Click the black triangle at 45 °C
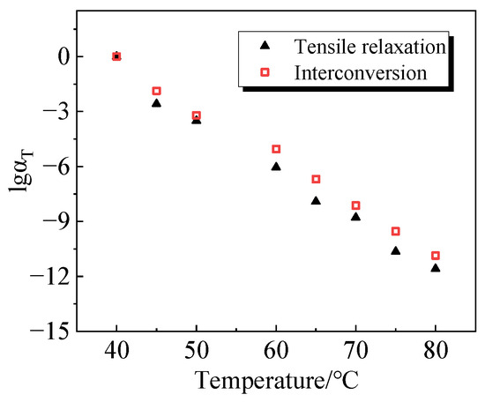[156, 103]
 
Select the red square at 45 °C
[156, 91]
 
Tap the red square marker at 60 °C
[276, 149]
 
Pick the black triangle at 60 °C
[276, 166]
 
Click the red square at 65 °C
[316, 179]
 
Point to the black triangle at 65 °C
[316, 200]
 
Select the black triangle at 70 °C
[355, 216]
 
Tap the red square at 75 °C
[395, 231]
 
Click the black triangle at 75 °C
[395, 250]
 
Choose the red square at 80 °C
[435, 256]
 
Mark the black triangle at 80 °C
[435, 267]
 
